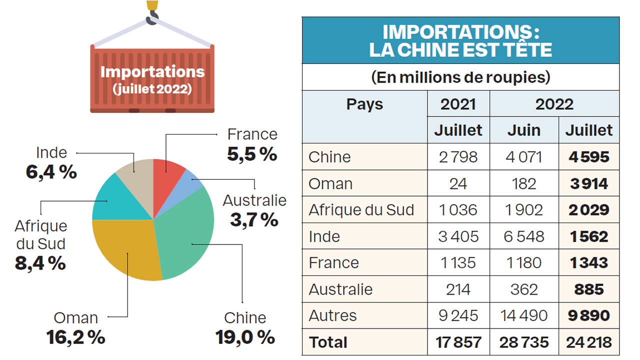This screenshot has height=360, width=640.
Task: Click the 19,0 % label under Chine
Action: [245, 336]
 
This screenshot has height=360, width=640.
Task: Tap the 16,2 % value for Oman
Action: [76, 337]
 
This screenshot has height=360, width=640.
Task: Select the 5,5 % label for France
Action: [252, 154]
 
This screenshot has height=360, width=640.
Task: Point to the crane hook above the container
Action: [152, 15]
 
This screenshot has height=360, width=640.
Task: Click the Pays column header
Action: [364, 104]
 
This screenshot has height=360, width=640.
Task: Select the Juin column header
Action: [523, 130]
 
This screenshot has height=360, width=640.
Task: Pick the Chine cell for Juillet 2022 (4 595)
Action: [589, 157]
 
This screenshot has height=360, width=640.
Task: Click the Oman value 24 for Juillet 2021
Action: [458, 183]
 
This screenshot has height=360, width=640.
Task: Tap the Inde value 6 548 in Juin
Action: [523, 236]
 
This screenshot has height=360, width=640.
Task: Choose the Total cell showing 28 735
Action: [523, 342]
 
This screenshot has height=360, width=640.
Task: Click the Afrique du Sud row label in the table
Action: [361, 209]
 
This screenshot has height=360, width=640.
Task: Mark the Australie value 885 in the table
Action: [589, 289]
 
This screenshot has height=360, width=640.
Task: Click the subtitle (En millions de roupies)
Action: [460, 77]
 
